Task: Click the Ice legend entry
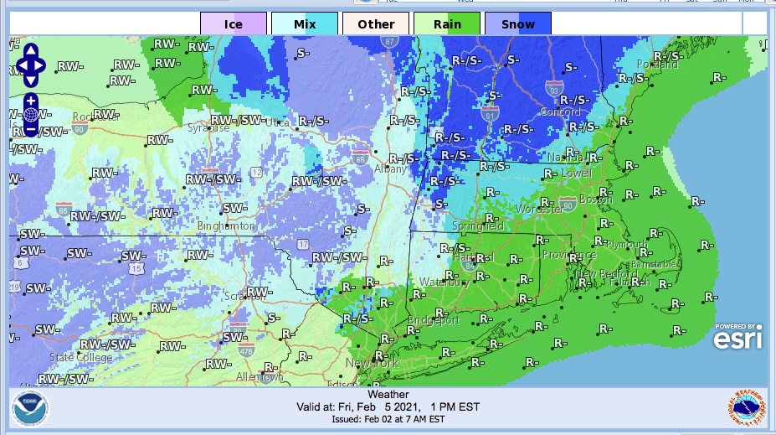click(234, 23)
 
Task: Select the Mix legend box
click(305, 23)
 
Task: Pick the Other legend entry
click(376, 23)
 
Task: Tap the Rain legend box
click(447, 23)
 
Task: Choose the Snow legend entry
click(518, 23)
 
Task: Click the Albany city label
click(389, 168)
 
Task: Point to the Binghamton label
click(226, 226)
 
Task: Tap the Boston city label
click(595, 199)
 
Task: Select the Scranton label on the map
click(245, 295)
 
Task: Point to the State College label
click(80, 358)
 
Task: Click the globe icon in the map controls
click(30, 115)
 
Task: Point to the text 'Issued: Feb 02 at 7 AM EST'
click(388, 419)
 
